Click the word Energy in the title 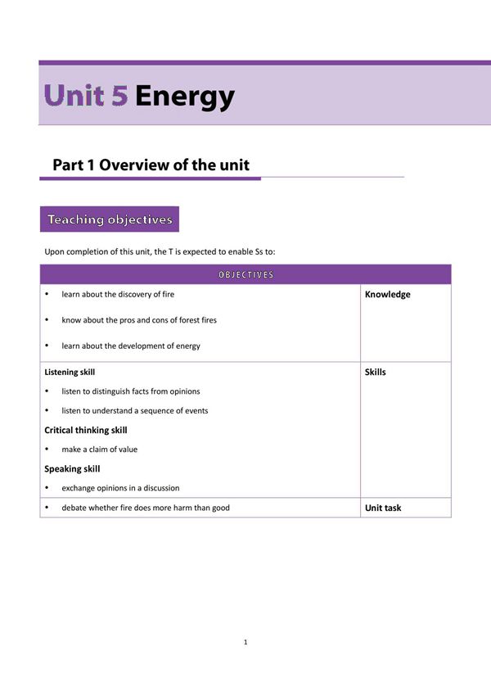(185, 97)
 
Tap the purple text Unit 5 (87, 96)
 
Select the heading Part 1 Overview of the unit (151, 165)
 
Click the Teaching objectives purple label (110, 219)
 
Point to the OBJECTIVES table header (245, 274)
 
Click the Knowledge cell (387, 295)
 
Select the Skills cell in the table (375, 372)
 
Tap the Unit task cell (382, 508)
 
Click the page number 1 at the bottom (245, 642)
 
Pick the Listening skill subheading (70, 372)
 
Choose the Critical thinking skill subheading (85, 430)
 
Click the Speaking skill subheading (72, 469)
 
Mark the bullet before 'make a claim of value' (47, 450)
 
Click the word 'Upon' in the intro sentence (54, 251)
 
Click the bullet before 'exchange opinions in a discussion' (47, 488)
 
